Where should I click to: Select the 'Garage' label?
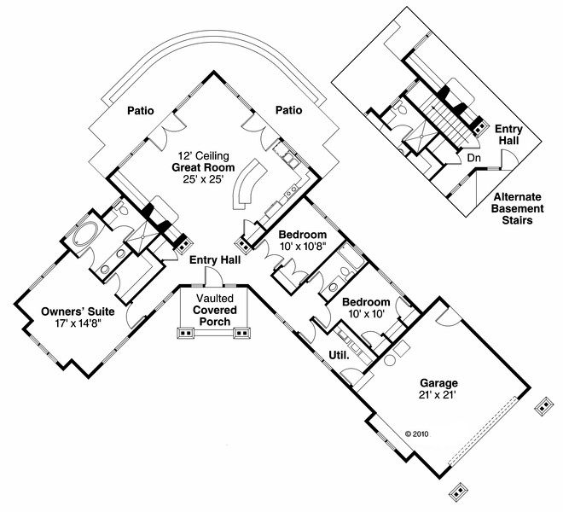[438, 383]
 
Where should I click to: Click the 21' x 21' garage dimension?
[438, 395]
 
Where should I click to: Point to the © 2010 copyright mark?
[416, 433]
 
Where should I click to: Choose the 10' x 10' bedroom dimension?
[366, 314]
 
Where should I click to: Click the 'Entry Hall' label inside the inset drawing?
[509, 135]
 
